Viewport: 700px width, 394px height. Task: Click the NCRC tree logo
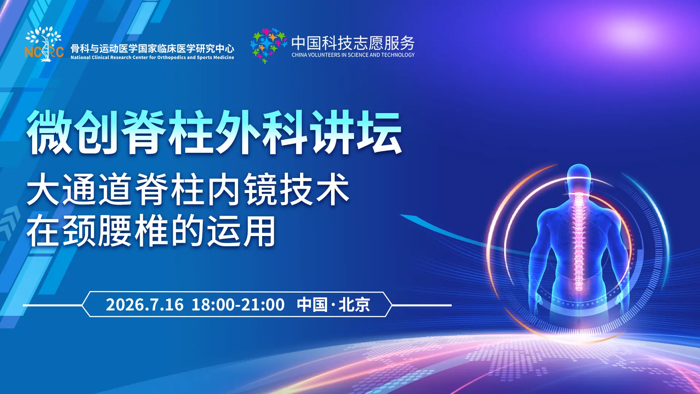click(x=44, y=44)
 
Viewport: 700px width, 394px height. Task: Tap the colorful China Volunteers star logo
click(x=268, y=46)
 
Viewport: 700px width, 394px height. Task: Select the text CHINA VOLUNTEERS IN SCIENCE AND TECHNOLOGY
click(x=353, y=55)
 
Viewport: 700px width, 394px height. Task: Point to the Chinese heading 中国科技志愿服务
click(x=353, y=43)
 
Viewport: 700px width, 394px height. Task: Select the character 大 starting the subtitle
click(x=43, y=189)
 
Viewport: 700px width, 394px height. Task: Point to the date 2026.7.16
click(x=145, y=305)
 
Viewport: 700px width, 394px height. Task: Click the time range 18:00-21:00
click(x=238, y=305)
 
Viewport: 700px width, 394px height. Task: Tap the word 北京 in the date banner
click(x=354, y=305)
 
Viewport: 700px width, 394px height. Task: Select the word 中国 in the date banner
click(x=312, y=305)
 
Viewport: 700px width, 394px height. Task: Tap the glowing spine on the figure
click(x=579, y=241)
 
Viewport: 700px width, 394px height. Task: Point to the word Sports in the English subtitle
click(x=204, y=58)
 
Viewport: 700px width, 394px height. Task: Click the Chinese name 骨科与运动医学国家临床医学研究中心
click(x=152, y=48)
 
